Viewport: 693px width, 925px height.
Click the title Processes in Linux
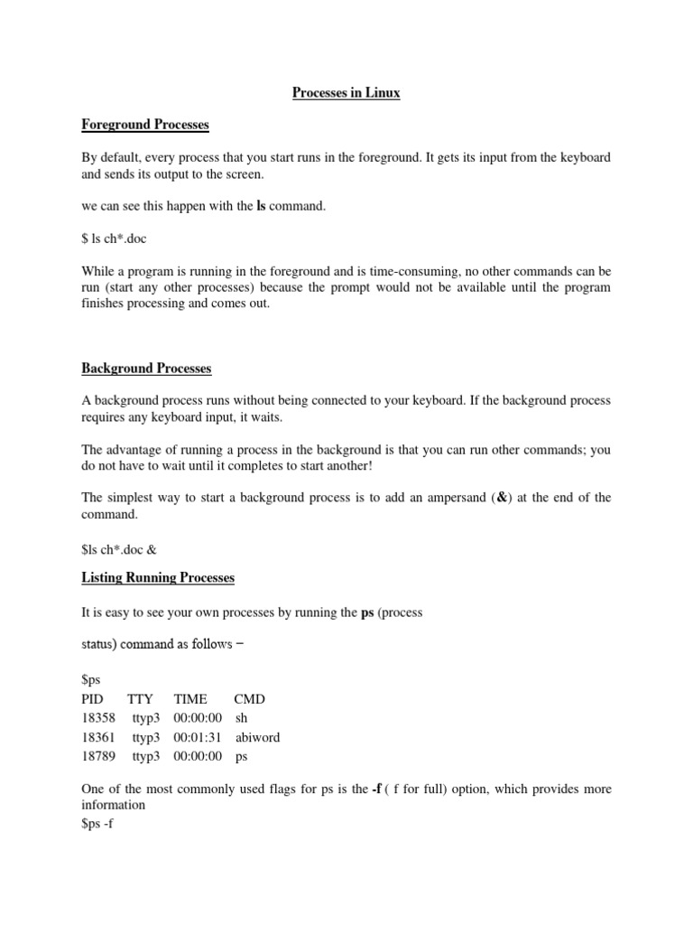(x=346, y=92)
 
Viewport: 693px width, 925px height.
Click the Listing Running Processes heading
(x=158, y=576)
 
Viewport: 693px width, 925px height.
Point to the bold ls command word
(x=262, y=207)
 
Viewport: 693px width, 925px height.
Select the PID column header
(x=93, y=699)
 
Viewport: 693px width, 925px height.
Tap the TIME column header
(x=190, y=699)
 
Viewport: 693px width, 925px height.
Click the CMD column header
(x=249, y=699)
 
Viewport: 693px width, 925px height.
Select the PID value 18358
(x=98, y=718)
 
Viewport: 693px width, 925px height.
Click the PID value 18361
(x=98, y=737)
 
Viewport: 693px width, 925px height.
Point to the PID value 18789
(x=98, y=756)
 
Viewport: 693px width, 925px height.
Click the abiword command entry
(x=257, y=737)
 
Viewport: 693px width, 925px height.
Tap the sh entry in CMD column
(x=241, y=718)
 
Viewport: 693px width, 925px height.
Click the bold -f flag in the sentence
(x=379, y=789)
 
